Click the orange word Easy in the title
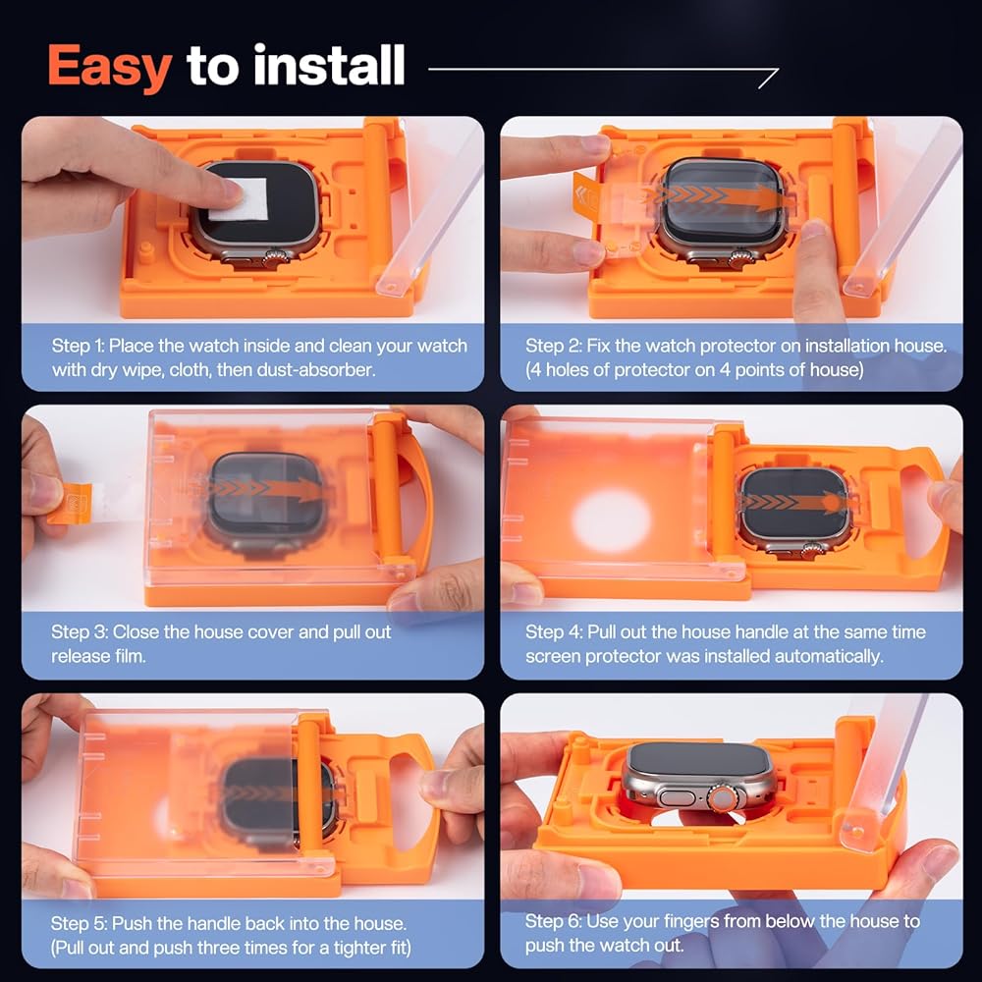point(110,68)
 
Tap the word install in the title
point(329,65)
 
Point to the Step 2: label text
point(553,346)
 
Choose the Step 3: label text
point(79,631)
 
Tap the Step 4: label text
point(554,631)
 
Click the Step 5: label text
point(79,923)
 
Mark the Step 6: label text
point(553,921)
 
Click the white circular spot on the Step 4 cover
point(611,521)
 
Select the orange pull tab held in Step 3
point(71,504)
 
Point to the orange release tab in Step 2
point(586,195)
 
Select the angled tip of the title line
point(777,70)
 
